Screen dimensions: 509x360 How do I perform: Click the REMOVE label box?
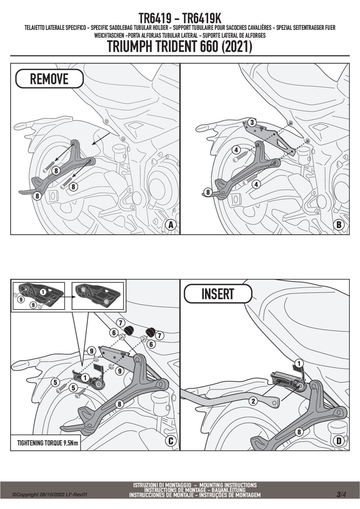coord(49,79)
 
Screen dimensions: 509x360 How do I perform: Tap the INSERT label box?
coord(218,294)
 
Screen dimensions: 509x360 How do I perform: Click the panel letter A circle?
coord(171,225)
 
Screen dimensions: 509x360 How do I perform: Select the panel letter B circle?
coord(339,225)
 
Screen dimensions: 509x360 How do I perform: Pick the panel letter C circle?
coord(171,440)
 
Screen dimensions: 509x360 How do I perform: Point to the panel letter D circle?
coord(339,440)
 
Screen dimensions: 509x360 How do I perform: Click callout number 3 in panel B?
coord(252,122)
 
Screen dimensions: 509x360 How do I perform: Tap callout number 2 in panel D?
coord(253,401)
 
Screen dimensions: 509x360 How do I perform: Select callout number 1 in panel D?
coord(299,363)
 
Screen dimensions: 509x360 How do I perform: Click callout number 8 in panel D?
coord(299,432)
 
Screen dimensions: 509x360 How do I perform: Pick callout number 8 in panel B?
coord(208,192)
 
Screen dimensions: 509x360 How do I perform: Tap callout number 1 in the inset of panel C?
coord(43,291)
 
